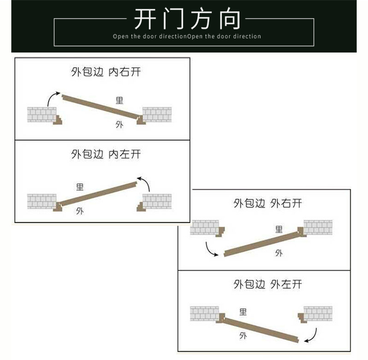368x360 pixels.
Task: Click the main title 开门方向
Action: (187, 19)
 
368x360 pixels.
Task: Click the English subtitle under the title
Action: (187, 36)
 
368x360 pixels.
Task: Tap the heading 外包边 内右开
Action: (106, 72)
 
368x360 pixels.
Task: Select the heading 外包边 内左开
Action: (106, 154)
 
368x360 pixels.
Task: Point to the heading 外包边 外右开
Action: (268, 203)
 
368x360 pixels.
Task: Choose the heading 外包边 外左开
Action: (268, 284)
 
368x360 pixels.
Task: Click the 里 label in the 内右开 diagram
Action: (119, 101)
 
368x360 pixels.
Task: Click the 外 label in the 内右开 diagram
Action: (119, 125)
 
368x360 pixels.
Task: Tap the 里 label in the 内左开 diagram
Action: (79, 187)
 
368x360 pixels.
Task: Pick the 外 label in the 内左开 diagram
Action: (79, 211)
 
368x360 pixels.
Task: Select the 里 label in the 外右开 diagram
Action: (279, 229)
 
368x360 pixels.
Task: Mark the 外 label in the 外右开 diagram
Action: (279, 253)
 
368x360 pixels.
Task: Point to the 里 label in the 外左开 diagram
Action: (243, 312)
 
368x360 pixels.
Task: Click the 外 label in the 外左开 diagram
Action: (243, 336)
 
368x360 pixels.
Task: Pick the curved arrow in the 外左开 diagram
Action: (310, 336)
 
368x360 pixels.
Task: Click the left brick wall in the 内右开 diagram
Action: (41, 115)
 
